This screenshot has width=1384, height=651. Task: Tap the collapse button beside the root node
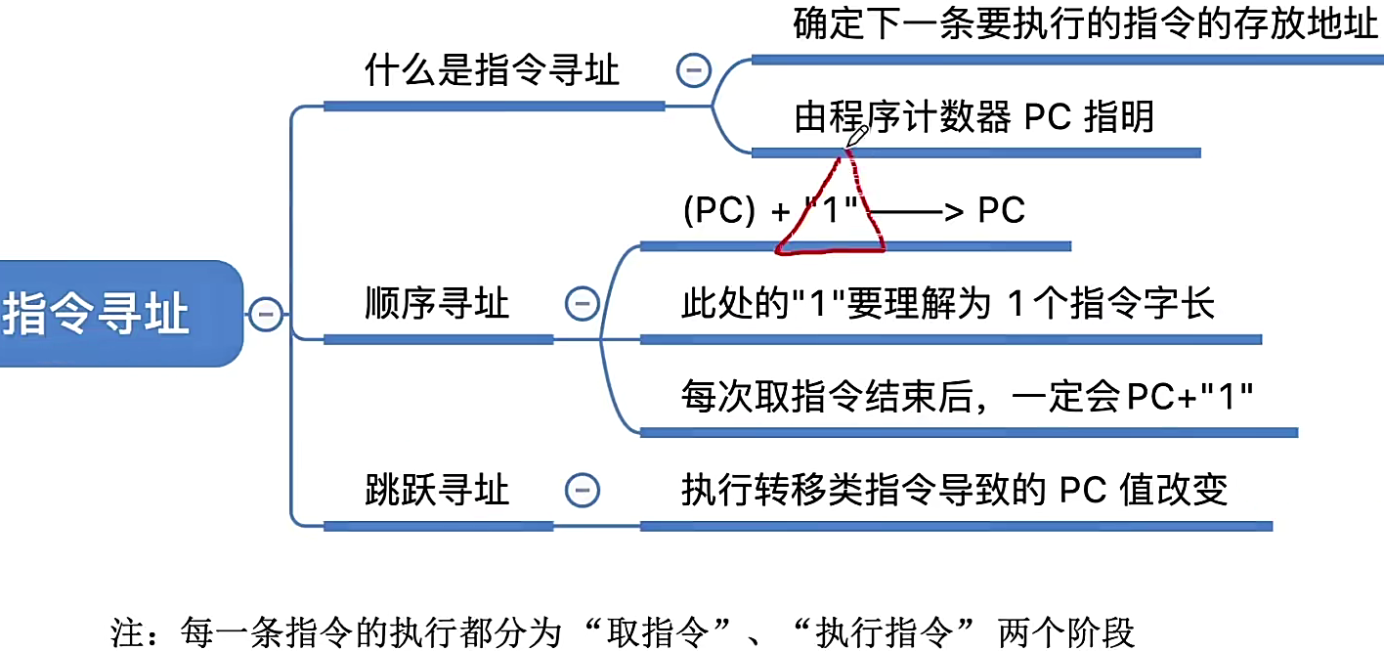point(266,314)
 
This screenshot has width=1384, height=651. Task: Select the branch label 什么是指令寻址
point(492,70)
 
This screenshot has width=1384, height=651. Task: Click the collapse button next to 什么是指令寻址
point(694,70)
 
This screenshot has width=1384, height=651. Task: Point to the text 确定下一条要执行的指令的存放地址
point(1085,25)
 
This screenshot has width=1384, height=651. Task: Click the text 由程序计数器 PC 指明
point(973,117)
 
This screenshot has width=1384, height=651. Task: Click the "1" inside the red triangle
point(834,211)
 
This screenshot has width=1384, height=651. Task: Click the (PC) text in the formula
point(719,211)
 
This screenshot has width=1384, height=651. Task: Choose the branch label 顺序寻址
point(437,303)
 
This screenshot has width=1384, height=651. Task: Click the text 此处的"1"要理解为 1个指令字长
point(947,303)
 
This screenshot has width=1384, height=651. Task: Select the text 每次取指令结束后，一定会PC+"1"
point(967,397)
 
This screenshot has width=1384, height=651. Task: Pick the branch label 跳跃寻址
point(437,489)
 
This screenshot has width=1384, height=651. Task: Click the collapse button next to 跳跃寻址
point(583,489)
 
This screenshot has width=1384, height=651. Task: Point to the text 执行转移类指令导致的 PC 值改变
point(954,489)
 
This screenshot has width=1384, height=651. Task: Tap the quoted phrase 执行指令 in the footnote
point(899,631)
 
